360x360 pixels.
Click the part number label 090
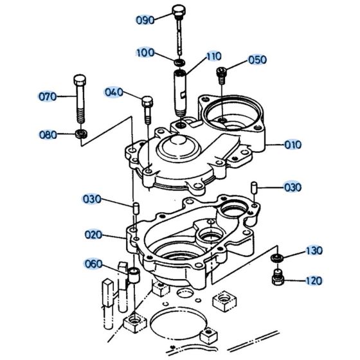145,20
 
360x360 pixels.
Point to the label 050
256,60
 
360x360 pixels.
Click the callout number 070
47,98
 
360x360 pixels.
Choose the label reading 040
113,93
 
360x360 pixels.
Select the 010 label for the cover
292,145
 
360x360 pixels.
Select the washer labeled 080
82,134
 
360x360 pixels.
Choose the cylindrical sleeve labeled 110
180,90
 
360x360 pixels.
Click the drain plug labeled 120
277,279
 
